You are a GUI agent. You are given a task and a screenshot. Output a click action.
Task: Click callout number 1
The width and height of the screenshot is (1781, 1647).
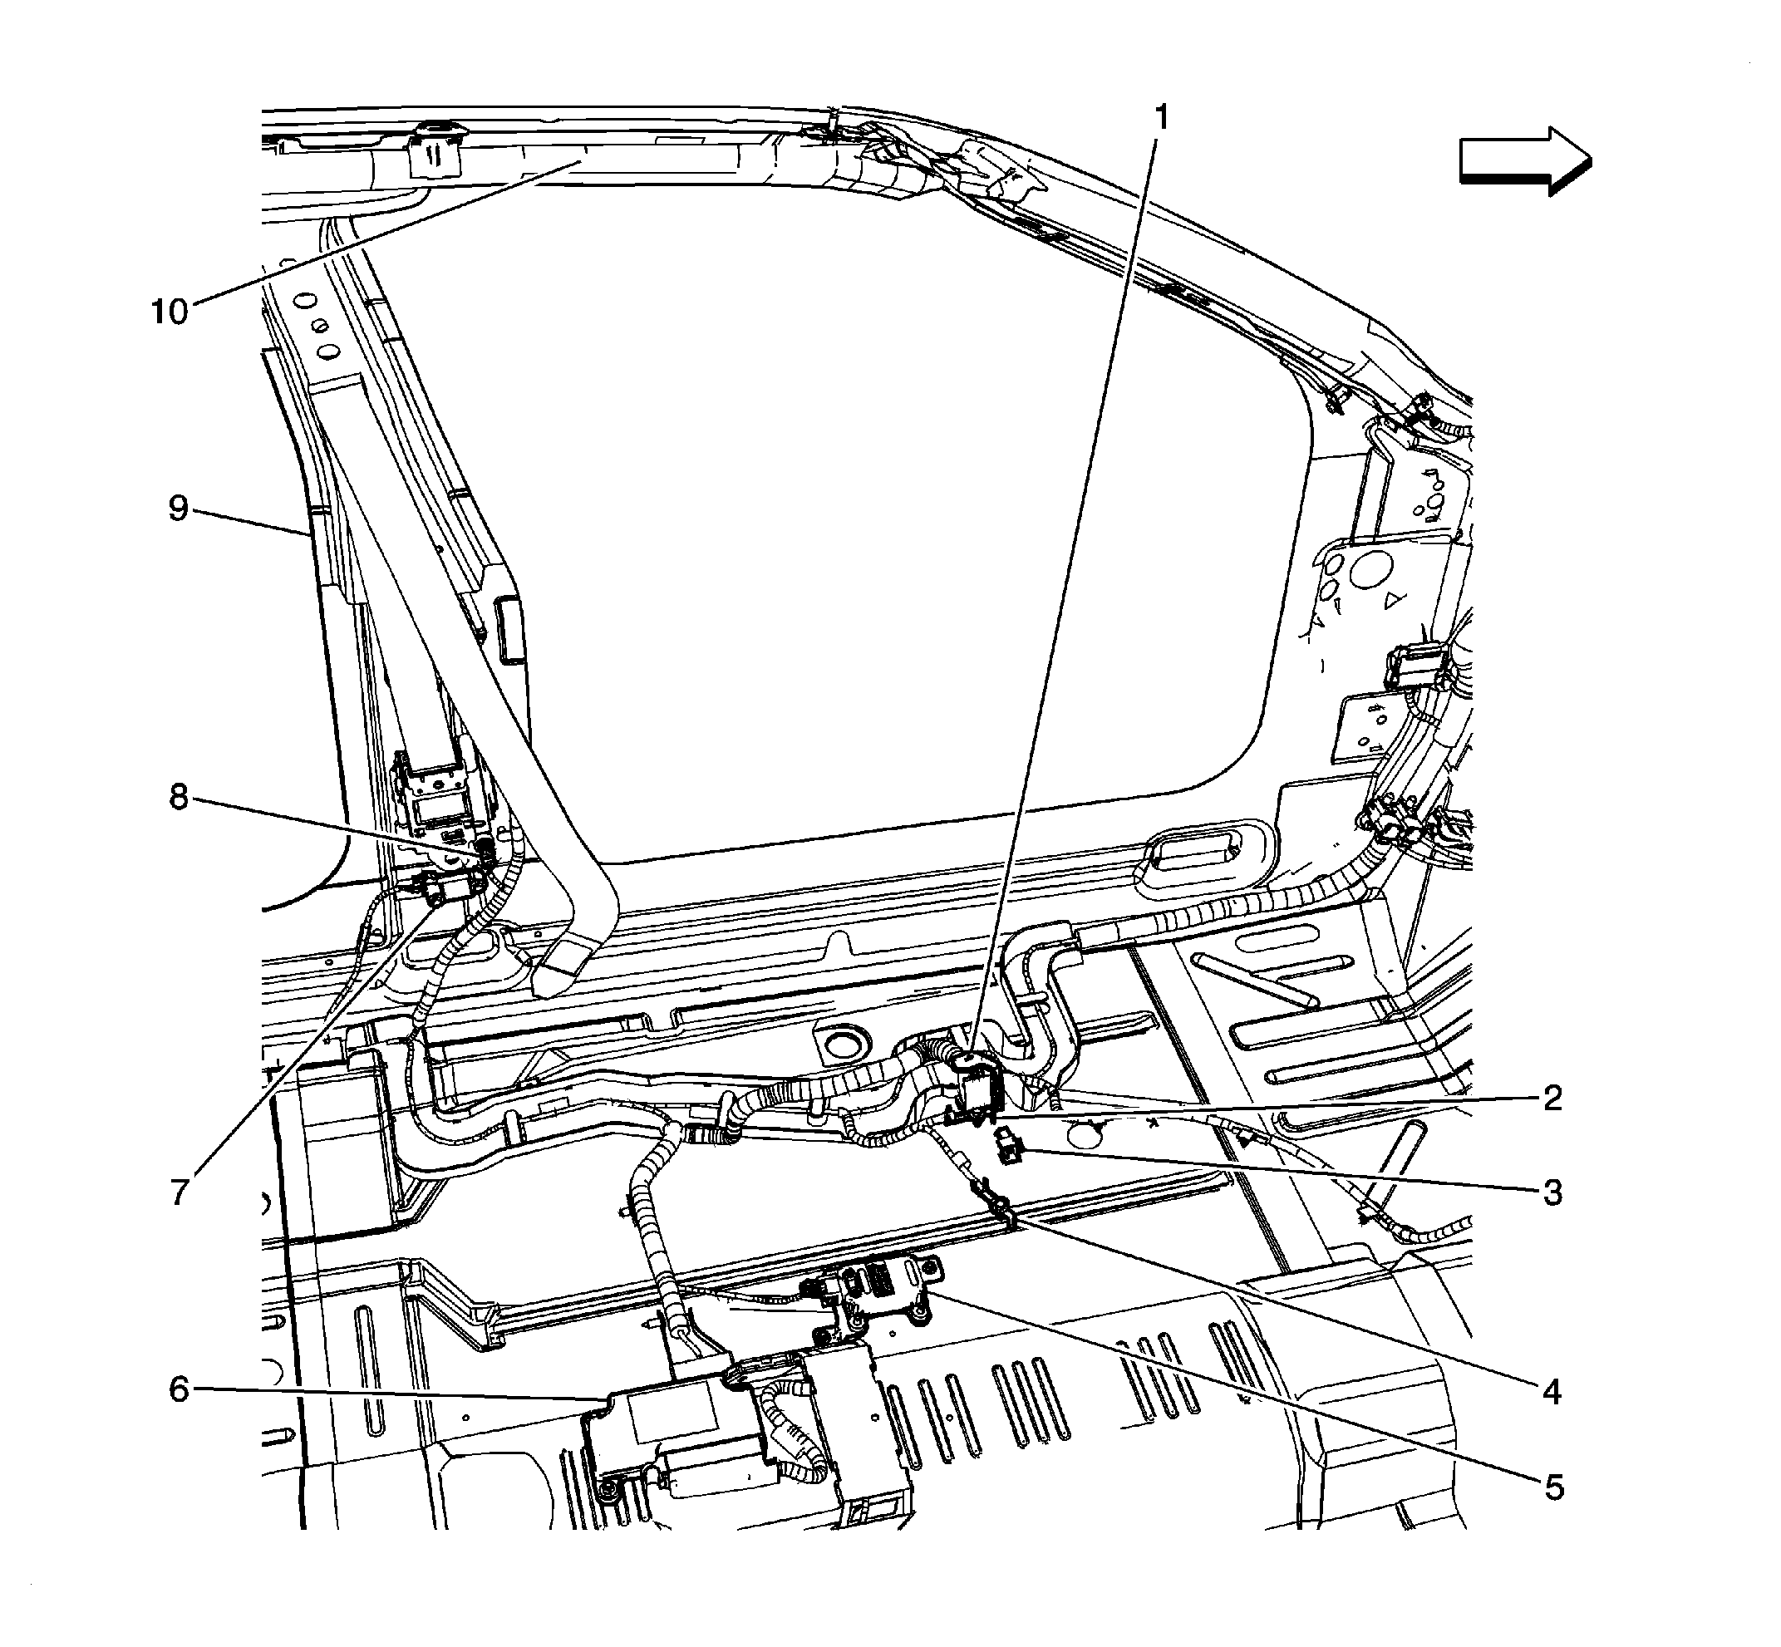1160,116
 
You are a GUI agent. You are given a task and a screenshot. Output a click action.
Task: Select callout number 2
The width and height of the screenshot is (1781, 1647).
1552,1098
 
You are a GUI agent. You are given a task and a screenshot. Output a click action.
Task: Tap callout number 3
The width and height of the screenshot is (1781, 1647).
1552,1192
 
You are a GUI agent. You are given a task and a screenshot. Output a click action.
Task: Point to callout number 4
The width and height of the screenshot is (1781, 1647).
1552,1391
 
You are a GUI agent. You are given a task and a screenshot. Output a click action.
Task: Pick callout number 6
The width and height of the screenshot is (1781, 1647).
180,1389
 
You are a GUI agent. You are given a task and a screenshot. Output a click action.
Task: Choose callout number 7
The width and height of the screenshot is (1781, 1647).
180,1192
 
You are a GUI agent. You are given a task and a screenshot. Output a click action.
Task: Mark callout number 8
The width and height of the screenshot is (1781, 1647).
180,798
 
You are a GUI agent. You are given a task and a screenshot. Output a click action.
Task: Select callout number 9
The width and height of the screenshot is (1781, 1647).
179,509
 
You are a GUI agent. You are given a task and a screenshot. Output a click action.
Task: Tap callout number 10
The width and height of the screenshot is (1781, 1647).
170,312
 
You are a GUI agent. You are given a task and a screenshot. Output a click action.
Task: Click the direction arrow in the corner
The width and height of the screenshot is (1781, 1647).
1524,161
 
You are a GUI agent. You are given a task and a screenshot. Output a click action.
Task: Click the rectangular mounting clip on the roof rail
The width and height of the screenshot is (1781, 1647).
434,152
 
